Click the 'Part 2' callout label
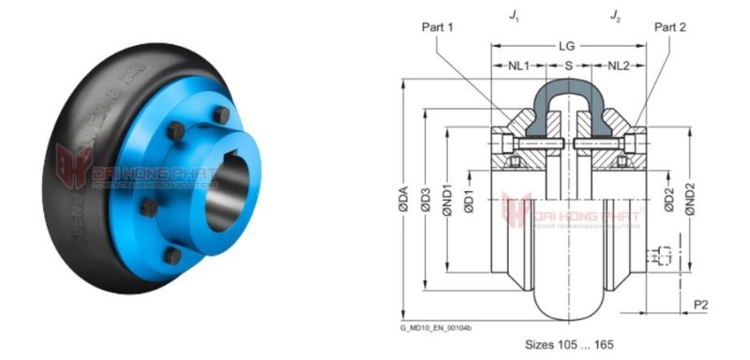[x=670, y=27]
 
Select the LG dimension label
[x=568, y=46]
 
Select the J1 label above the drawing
[x=512, y=15]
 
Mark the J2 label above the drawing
[x=615, y=15]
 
